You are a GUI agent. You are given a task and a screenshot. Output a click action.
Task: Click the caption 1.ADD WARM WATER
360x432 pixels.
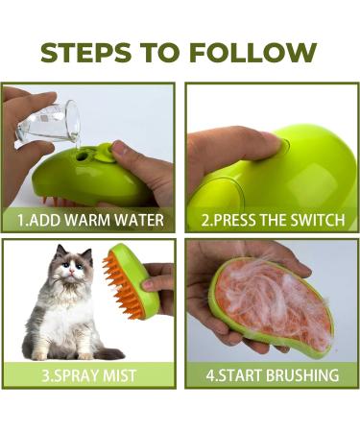pyautogui.click(x=92, y=220)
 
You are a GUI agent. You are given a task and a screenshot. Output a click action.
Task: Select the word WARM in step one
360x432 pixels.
pyautogui.click(x=99, y=220)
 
